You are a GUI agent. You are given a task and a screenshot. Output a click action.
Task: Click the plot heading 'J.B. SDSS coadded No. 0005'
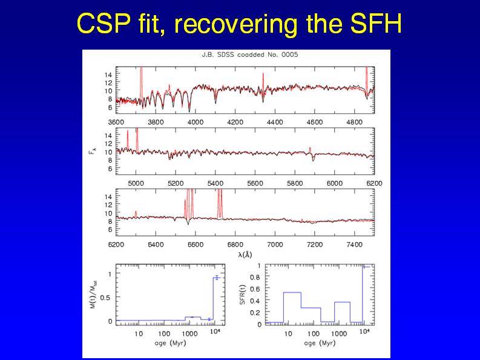[249, 54]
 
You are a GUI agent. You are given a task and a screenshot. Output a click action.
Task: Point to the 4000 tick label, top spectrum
[196, 122]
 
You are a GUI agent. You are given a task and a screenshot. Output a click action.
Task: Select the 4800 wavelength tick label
[354, 122]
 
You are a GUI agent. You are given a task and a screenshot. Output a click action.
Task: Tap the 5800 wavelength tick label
[295, 182]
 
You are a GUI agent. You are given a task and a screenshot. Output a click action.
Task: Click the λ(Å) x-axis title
[245, 255]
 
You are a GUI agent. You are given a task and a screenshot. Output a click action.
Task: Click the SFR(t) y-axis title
[242, 295]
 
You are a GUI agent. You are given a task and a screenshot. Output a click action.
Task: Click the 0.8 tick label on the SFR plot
[257, 278]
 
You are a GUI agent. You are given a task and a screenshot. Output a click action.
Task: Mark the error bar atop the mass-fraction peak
[215, 278]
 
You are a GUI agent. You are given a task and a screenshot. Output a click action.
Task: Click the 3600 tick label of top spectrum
[116, 122]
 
